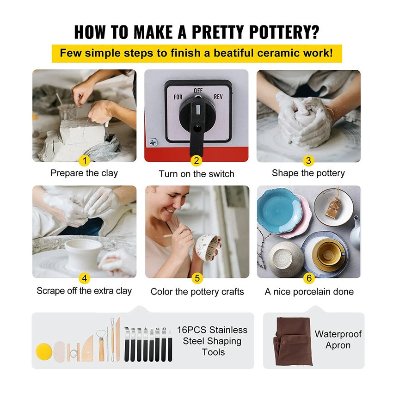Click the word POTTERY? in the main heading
pos(284,32)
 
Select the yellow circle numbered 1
pos(85,160)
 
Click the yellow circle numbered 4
pos(85,278)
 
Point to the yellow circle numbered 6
pos(309,278)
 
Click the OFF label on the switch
pos(198,91)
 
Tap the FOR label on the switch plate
pos(178,97)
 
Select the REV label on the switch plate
pos(218,97)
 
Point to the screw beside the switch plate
pos(153,142)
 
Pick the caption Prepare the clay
pos(84,173)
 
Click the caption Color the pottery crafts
pos(197,292)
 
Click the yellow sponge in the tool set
pos(44,351)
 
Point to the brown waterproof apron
pos(293,341)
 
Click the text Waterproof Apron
pos(338,340)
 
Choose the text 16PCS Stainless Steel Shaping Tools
pos(212,341)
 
